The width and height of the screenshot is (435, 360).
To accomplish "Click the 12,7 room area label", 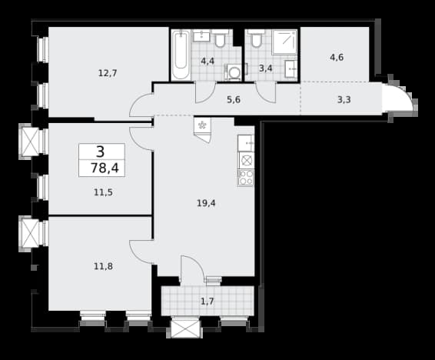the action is point(108,73).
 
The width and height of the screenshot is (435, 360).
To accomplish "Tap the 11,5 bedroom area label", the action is point(103,192).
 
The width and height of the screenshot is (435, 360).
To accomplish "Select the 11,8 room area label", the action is point(103,266).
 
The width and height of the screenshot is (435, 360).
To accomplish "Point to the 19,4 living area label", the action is point(206,203).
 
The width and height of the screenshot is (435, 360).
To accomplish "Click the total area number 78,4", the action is point(105,168).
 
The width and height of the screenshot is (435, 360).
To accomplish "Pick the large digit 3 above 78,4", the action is point(101,152).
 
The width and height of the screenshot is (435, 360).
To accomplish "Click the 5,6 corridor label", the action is point(234,100).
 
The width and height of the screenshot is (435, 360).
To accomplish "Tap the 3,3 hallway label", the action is point(344,100).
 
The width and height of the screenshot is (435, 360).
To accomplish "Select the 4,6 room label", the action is point(337,58).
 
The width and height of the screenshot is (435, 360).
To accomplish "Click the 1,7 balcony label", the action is point(208,301).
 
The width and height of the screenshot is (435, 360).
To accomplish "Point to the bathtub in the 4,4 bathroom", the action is point(181,55).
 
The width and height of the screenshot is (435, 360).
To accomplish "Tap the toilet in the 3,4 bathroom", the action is point(255,38).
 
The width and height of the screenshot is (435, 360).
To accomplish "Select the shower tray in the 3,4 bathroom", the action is point(284,42).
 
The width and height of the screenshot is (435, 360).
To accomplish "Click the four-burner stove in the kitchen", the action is point(246,178).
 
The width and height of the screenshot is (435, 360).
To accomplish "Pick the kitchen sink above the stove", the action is point(246,143).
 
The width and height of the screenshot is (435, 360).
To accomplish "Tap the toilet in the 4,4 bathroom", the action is point(221,39).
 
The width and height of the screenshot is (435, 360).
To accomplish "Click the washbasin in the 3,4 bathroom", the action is point(291,68).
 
